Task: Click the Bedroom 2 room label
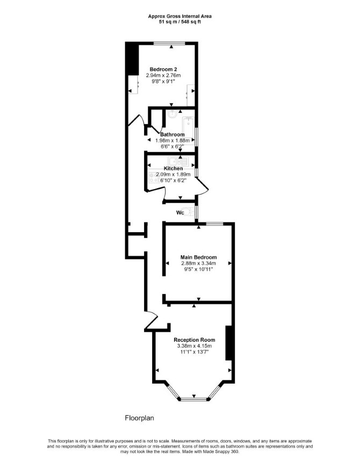click(163, 69)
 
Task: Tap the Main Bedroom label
click(198, 257)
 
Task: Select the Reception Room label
click(194, 340)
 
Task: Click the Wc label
click(180, 213)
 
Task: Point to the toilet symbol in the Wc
click(191, 211)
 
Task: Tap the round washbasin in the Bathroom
click(172, 114)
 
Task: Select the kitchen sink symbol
click(178, 161)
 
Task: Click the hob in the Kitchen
click(153, 177)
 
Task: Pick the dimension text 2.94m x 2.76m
click(163, 75)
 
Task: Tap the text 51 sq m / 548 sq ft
click(179, 21)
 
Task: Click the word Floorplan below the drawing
click(140, 418)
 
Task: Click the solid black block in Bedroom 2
click(132, 59)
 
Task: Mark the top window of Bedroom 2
click(169, 44)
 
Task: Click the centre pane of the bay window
click(194, 399)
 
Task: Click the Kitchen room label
click(173, 169)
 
